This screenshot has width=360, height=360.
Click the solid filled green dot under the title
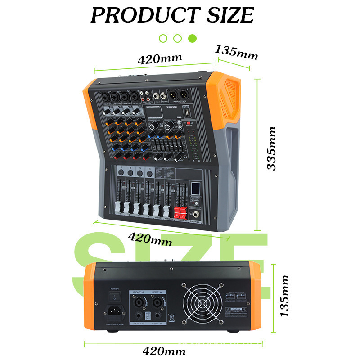(192, 38)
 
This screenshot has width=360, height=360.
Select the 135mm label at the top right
(237, 52)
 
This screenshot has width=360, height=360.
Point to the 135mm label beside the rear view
(284, 297)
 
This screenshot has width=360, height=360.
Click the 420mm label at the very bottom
(164, 351)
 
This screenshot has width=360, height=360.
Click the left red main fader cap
(176, 212)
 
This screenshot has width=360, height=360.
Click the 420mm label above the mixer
(160, 58)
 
